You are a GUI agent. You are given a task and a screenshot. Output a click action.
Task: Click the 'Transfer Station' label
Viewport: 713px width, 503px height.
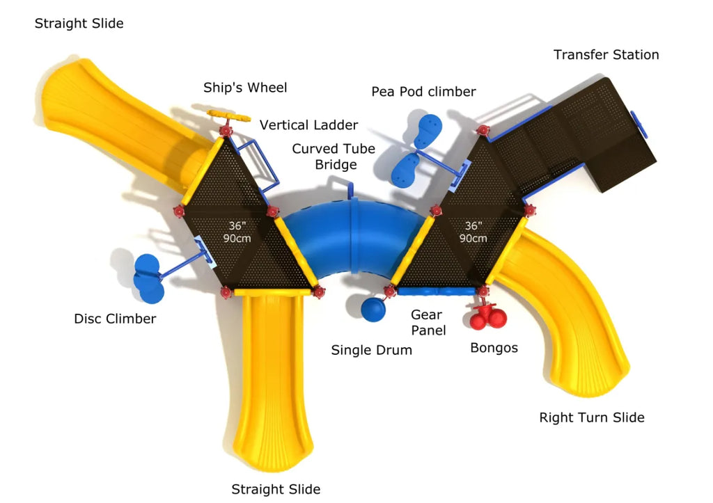[606, 54]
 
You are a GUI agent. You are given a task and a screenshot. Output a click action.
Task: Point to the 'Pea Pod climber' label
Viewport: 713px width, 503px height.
[423, 91]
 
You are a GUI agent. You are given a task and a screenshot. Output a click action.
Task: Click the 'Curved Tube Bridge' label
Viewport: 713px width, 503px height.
[334, 157]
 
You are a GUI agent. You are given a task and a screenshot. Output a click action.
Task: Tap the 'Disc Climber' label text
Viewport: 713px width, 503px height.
[115, 319]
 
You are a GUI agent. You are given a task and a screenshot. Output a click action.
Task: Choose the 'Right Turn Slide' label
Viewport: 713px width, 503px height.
[592, 417]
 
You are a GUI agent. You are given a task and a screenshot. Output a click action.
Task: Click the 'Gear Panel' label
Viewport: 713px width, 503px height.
[426, 323]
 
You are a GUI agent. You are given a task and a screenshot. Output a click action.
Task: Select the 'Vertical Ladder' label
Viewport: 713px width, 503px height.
[308, 125]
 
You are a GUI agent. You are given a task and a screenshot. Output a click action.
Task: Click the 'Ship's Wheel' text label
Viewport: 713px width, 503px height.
[245, 88]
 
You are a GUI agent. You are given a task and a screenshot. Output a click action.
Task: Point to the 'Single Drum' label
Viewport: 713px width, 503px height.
[371, 350]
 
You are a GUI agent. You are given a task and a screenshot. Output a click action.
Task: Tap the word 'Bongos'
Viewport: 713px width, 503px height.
[494, 347]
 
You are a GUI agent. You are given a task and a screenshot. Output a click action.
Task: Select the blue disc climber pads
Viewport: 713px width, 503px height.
[148, 278]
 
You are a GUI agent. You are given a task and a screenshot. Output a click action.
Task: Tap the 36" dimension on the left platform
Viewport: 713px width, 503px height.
[238, 225]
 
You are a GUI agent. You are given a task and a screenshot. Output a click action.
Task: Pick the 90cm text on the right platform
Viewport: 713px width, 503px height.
[473, 238]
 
